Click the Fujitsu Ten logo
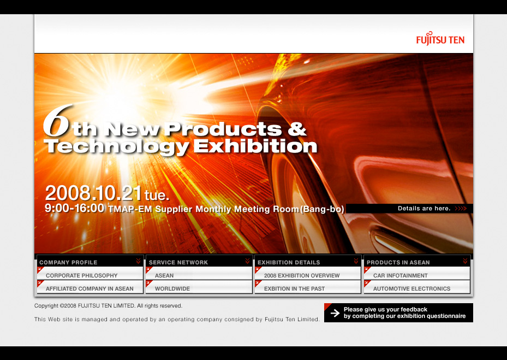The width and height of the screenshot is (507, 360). pos(440,39)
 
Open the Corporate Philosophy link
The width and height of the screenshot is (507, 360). pos(81,275)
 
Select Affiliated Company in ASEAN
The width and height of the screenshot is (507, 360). pos(90,288)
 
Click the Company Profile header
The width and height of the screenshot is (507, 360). pos(68,262)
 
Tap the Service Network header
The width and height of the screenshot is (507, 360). pos(178,262)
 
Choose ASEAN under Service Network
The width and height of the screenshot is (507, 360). pos(164,275)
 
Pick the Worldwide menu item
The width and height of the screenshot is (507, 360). pos(172,288)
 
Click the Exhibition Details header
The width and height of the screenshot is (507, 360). pos(289,262)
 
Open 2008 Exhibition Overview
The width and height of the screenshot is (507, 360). pos(302,275)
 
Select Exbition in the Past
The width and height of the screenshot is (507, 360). pos(294,288)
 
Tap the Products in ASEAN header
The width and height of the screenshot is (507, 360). pos(398,262)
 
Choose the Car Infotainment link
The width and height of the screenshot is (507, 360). pos(400,275)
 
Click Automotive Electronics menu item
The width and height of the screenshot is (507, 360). pos(411,288)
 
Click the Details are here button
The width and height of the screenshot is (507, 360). pos(410,209)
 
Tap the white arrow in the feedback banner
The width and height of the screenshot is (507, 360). pos(335,312)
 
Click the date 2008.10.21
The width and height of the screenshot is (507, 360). pos(93,193)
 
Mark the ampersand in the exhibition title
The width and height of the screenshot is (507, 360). pos(296,129)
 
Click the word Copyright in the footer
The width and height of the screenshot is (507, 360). pos(46,305)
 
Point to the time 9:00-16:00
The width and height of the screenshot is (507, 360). pos(74,208)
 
